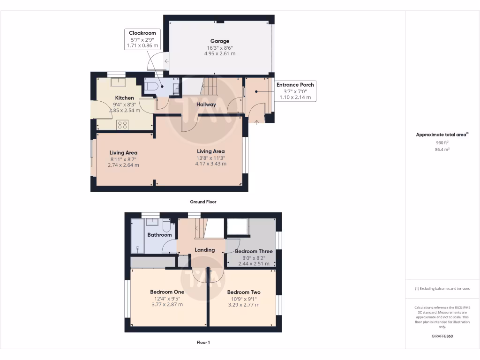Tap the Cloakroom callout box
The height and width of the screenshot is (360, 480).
(x=142, y=39)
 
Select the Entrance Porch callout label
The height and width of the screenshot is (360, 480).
(x=295, y=91)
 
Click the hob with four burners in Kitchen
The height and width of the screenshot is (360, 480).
(x=123, y=125)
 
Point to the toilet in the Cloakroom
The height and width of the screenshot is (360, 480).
(x=151, y=87)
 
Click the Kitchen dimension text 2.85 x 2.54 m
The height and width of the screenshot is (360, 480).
(x=124, y=111)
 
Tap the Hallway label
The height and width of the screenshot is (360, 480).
(x=206, y=105)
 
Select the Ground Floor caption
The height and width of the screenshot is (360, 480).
(x=203, y=202)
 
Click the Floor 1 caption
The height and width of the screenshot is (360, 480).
(x=203, y=343)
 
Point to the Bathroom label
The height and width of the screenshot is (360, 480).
(x=159, y=235)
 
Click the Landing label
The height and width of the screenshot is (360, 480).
(x=205, y=250)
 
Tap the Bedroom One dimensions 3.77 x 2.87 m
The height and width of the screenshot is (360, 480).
(x=167, y=305)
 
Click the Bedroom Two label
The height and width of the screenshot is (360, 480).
(x=244, y=292)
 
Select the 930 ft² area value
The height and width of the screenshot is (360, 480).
(x=442, y=142)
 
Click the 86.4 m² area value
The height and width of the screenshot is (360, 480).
(x=442, y=149)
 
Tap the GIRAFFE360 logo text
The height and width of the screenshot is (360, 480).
(x=442, y=336)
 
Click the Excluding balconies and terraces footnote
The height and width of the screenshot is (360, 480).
(x=442, y=289)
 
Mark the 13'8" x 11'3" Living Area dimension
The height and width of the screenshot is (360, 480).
(x=210, y=158)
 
